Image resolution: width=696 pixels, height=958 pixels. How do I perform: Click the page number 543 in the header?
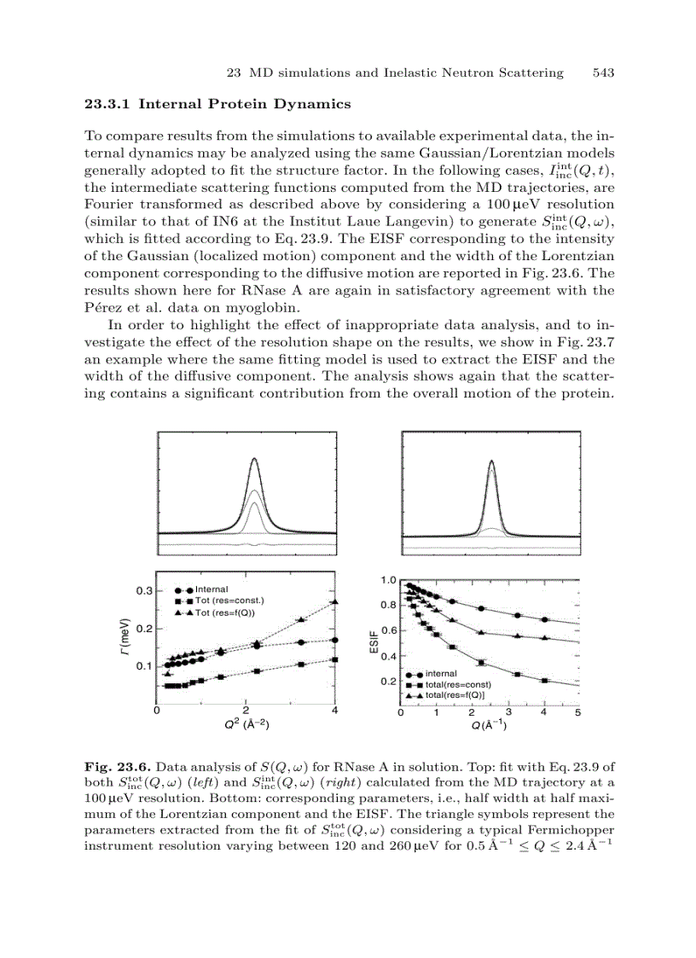[603, 73]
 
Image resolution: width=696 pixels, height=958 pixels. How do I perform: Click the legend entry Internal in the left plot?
[212, 589]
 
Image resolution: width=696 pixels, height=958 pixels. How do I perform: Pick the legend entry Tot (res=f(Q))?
[225, 613]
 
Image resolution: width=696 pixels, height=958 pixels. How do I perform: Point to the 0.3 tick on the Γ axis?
[144, 590]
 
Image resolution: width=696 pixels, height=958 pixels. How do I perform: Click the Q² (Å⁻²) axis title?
[246, 726]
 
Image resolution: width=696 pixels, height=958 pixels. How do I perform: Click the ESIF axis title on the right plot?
[374, 642]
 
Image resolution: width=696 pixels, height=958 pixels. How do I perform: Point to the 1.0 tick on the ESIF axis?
[388, 580]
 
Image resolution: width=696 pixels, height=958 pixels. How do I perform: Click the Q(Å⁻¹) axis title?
[490, 726]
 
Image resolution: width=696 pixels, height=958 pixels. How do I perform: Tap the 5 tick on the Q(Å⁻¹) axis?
[578, 712]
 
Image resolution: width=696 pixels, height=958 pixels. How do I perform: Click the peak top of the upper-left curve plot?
[253, 459]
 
